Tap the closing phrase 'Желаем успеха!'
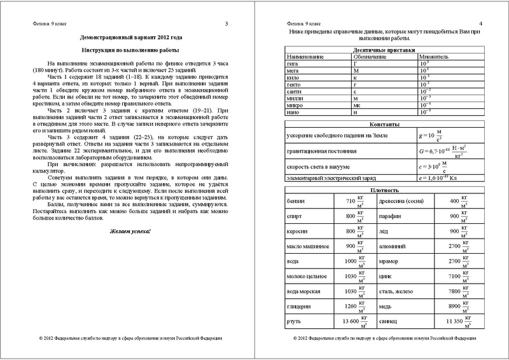click(x=131, y=228)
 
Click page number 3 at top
click(x=227, y=24)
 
